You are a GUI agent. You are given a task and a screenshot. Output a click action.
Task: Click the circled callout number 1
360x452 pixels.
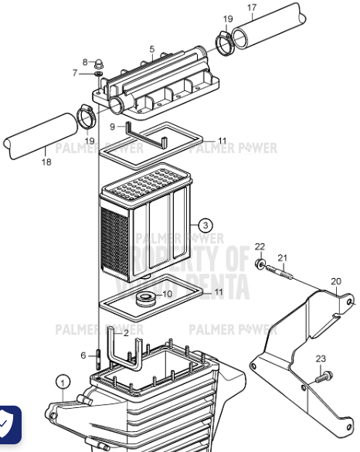tap(63, 381)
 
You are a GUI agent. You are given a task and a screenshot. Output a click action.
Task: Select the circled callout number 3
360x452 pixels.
tap(205, 226)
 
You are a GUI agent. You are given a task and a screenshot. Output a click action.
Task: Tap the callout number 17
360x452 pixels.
tap(252, 8)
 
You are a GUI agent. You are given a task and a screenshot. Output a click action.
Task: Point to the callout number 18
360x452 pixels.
tap(46, 162)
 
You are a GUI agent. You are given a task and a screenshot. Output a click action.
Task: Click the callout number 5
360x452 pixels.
tap(152, 49)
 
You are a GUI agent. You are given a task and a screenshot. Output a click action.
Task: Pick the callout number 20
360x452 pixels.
tap(335, 280)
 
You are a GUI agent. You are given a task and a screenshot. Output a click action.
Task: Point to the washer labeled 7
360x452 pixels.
tap(99, 74)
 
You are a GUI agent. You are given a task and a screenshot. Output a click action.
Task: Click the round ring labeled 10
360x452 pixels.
tap(144, 298)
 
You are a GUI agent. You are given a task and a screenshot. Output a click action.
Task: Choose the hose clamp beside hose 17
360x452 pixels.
tap(225, 44)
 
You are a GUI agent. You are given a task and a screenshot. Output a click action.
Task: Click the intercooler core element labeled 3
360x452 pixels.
tap(147, 228)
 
